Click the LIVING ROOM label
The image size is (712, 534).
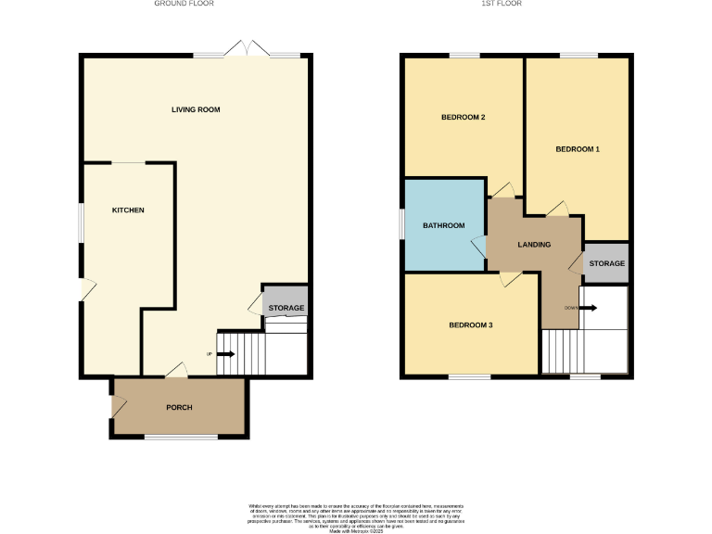click(x=196, y=109)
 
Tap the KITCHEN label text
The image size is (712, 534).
click(x=128, y=210)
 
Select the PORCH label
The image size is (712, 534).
click(x=179, y=408)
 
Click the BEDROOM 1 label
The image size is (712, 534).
click(x=578, y=149)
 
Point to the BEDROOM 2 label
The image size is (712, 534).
click(x=464, y=117)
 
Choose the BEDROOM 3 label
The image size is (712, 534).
click(x=471, y=324)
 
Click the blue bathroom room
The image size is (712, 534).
click(x=444, y=225)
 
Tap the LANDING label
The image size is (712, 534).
click(x=534, y=245)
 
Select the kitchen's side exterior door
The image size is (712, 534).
click(x=85, y=289)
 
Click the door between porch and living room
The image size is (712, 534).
click(x=176, y=372)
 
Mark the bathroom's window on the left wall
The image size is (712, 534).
click(x=402, y=223)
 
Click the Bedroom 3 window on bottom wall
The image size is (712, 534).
click(x=470, y=377)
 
